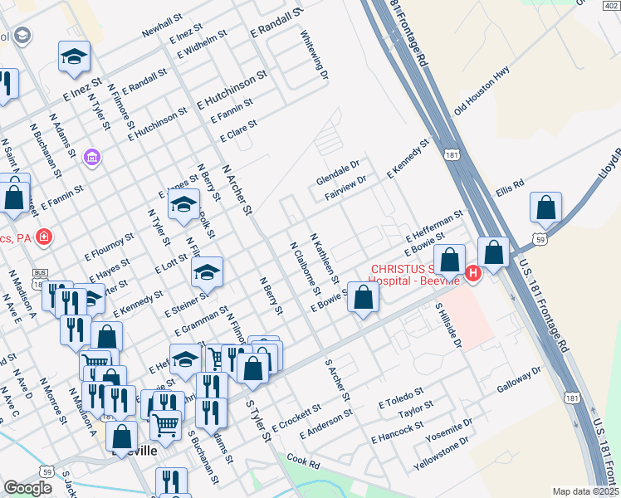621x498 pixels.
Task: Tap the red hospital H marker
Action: [x=473, y=272]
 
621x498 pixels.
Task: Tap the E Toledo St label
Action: [x=400, y=397]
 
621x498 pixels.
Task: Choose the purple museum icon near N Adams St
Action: [x=92, y=157]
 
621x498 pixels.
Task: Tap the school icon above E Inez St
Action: [x=74, y=56]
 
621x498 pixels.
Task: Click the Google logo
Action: [x=27, y=487]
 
